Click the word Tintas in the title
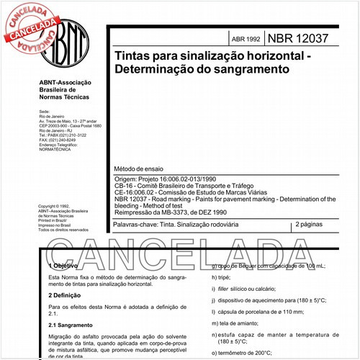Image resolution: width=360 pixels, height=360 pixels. pos(132,55)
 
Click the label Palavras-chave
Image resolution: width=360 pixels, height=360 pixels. pos(135,225)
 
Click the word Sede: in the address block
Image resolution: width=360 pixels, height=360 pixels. pos(44,112)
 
